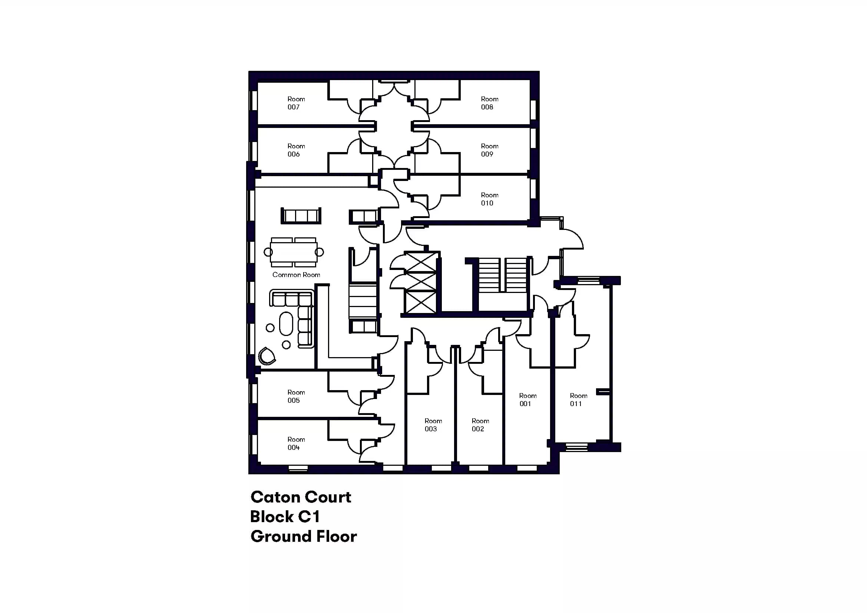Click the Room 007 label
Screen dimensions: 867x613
[x=296, y=103]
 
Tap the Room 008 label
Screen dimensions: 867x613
[x=489, y=103]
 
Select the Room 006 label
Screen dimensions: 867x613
[x=296, y=150]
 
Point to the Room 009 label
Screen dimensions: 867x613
[x=489, y=150]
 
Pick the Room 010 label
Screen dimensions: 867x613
[x=489, y=199]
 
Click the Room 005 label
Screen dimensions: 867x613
[x=296, y=396]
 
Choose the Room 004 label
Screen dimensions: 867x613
[x=296, y=444]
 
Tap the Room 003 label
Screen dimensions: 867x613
[x=433, y=425]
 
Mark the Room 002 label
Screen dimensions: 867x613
[x=480, y=425]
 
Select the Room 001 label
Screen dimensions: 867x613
[x=527, y=400]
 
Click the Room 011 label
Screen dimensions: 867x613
[x=579, y=400]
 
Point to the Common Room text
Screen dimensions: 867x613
[x=296, y=275]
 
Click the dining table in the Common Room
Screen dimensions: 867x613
[x=294, y=252]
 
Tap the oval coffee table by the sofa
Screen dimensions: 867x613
[x=286, y=324]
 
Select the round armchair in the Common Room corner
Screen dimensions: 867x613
[x=267, y=356]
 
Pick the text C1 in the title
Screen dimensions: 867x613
[x=309, y=517]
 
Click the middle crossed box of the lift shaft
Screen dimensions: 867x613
[x=420, y=282]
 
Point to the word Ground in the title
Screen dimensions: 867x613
[x=281, y=536]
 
